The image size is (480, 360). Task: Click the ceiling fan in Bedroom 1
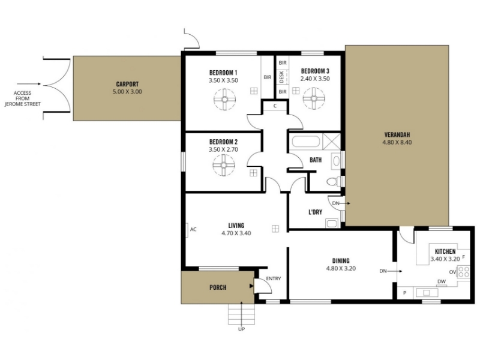pyautogui.click(x=224, y=100)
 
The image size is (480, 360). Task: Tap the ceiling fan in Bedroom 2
pyautogui.click(x=224, y=165)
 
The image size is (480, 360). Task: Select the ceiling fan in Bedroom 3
pyautogui.click(x=314, y=98)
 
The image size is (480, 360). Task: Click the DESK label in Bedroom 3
pyautogui.click(x=281, y=77)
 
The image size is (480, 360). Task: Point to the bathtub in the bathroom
pyautogui.click(x=306, y=142)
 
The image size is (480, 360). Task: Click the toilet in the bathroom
pyautogui.click(x=334, y=182)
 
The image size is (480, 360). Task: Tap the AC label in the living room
pyautogui.click(x=193, y=229)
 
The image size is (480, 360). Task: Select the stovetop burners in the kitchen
pyautogui.click(x=463, y=272)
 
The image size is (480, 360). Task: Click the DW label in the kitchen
pyautogui.click(x=442, y=281)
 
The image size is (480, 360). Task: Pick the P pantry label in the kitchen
pyautogui.click(x=404, y=293)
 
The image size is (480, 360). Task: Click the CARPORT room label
pyautogui.click(x=127, y=84)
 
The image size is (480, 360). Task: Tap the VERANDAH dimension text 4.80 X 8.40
pyautogui.click(x=397, y=142)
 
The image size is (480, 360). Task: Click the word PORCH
pyautogui.click(x=218, y=287)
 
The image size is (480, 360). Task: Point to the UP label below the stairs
pyautogui.click(x=242, y=329)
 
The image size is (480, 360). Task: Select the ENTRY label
pyautogui.click(x=274, y=278)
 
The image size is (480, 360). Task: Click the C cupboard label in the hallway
pyautogui.click(x=275, y=106)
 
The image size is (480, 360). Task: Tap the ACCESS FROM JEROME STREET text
pyautogui.click(x=22, y=98)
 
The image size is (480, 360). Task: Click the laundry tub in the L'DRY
pyautogui.click(x=332, y=223)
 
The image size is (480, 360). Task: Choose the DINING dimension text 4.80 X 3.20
pyautogui.click(x=341, y=268)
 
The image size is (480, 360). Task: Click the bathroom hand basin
pyautogui.click(x=336, y=161)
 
